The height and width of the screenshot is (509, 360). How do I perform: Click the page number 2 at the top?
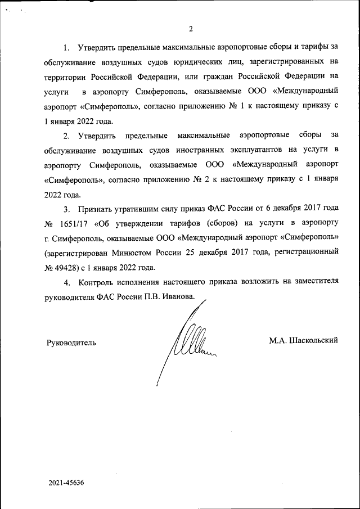point(191,29)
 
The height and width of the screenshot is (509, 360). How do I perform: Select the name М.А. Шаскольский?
point(304,341)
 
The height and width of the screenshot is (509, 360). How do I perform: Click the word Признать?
point(98,209)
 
